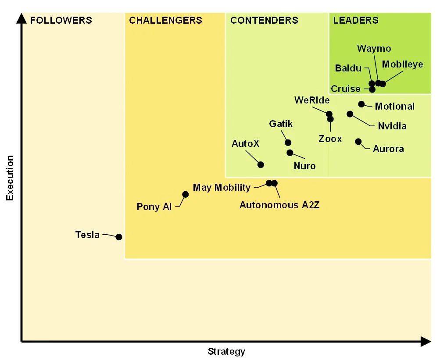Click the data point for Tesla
[x=118, y=237]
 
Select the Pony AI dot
[x=185, y=194]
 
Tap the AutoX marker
[x=261, y=164]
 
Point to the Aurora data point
[x=358, y=141]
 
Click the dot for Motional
[x=361, y=104]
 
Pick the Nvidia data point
[x=350, y=114]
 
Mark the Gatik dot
[x=288, y=143]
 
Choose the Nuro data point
[x=290, y=153]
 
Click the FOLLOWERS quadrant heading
[x=61, y=20]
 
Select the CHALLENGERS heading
[x=165, y=20]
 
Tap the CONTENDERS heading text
[x=264, y=20]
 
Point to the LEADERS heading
[x=355, y=20]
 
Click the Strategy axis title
[x=226, y=351]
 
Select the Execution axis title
[x=10, y=178]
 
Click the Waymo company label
[x=374, y=48]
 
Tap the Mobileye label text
[x=402, y=64]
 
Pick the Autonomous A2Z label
[x=279, y=204]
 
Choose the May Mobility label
[x=222, y=188]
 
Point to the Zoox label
[x=330, y=139]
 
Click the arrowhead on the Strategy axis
[x=426, y=341]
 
